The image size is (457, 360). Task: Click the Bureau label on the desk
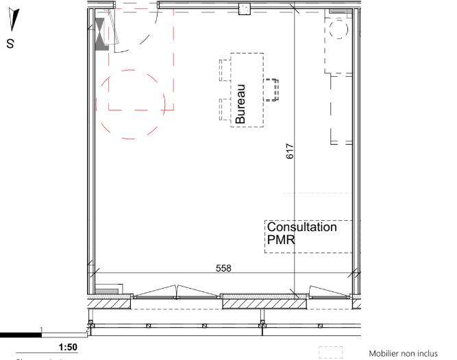tap(240, 104)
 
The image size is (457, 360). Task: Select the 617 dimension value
tap(290, 152)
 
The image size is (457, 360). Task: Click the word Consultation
tap(302, 227)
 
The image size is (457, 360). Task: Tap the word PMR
tap(279, 239)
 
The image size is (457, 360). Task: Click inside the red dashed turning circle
tap(133, 104)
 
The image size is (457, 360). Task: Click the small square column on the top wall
tap(243, 8)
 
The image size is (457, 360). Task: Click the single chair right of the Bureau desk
tap(275, 90)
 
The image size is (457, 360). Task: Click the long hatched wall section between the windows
tap(254, 302)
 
